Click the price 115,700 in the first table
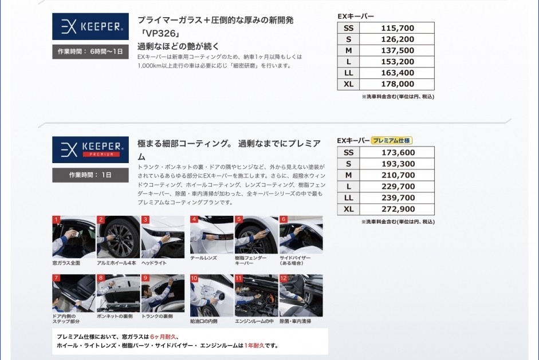398,28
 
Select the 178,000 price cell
398,84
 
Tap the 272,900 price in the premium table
398,209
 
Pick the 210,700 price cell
398,175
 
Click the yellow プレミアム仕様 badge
391,140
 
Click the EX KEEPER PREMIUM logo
91,150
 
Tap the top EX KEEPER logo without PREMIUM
91,26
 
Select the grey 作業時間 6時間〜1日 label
91,52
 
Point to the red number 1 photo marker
56,220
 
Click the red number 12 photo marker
284,278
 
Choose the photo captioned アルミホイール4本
118,237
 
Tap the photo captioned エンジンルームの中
257,295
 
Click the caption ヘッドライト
154,263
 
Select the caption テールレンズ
203,258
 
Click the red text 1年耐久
254,346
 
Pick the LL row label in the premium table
349,198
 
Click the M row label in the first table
349,50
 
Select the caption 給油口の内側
204,321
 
